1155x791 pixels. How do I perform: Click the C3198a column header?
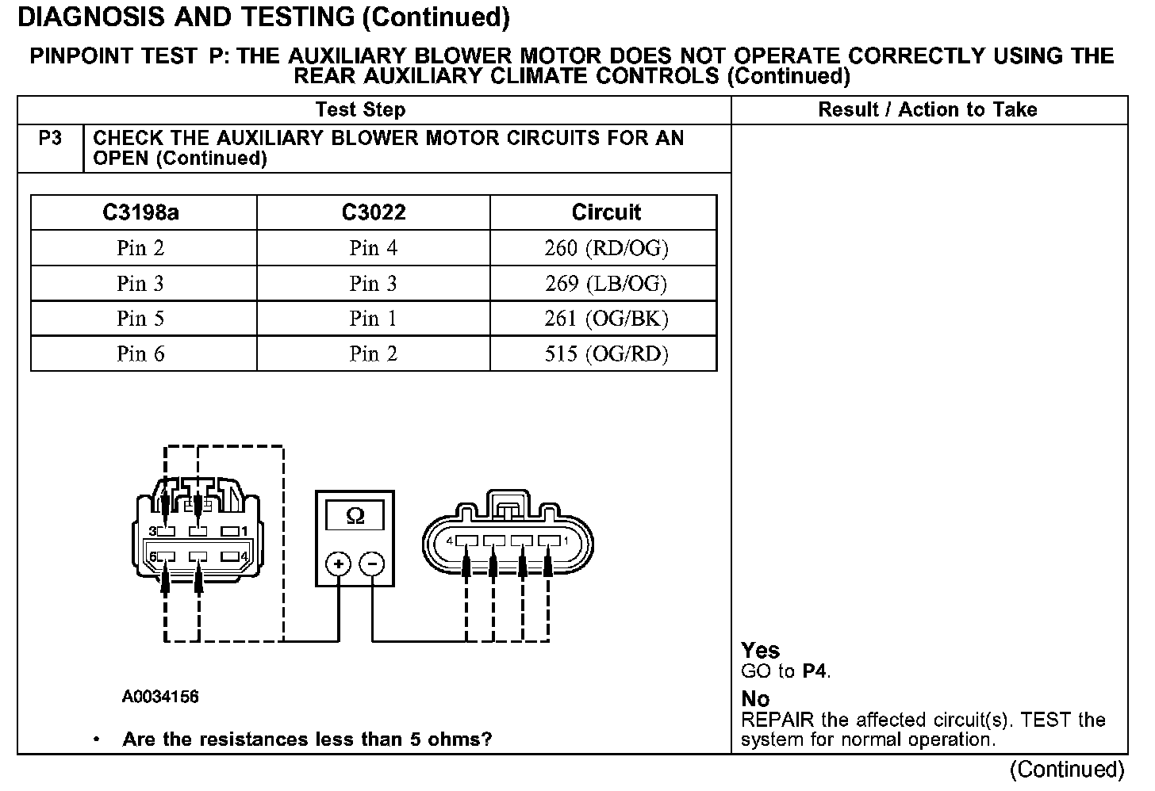(141, 212)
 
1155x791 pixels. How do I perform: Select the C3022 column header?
(374, 212)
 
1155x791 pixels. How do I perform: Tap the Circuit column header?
(606, 212)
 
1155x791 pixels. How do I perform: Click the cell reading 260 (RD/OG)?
(606, 248)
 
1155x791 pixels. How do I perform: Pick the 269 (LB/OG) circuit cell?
(606, 284)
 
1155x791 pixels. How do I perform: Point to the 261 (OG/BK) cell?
(606, 319)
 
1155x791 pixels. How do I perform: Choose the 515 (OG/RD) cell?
(606, 353)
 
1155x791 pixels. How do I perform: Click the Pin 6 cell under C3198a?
(141, 353)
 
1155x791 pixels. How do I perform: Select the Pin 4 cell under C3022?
(374, 248)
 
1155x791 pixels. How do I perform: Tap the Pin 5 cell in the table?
(141, 319)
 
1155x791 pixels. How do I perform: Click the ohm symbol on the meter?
(355, 517)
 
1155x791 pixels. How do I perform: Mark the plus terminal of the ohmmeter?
(339, 564)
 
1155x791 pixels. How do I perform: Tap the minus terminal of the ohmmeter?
(372, 564)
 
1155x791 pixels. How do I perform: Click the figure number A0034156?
(160, 697)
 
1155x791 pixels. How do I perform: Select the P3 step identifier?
(50, 139)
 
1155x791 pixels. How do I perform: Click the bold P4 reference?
(815, 671)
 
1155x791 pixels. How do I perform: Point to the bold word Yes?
(760, 651)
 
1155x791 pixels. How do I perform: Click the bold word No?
(755, 699)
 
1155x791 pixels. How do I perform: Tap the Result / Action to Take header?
(927, 110)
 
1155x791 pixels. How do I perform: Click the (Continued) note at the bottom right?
(1066, 770)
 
